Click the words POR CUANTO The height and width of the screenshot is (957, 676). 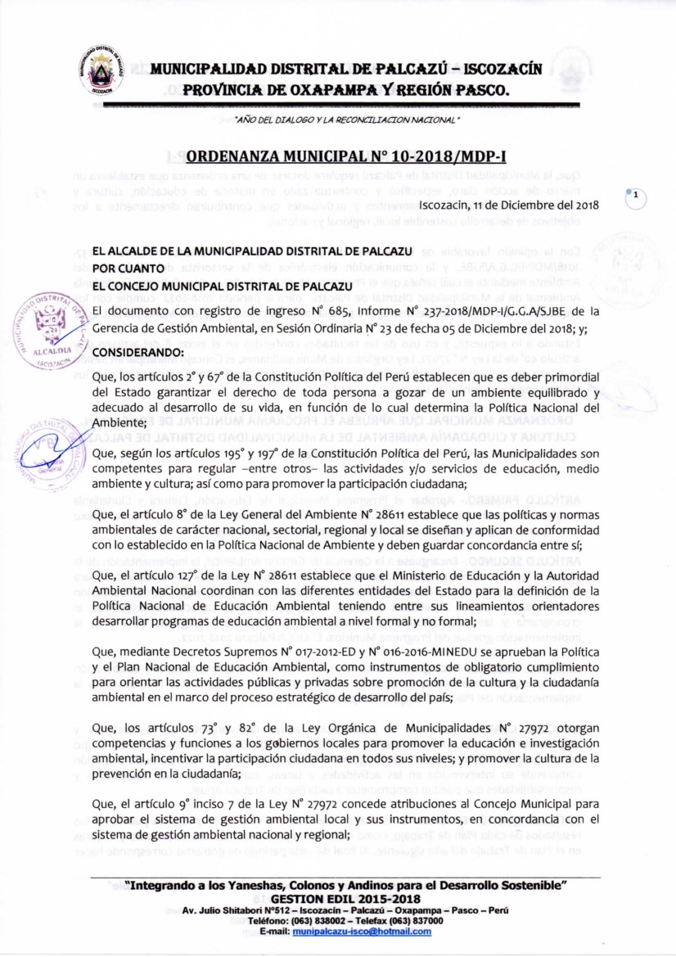pos(128,267)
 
